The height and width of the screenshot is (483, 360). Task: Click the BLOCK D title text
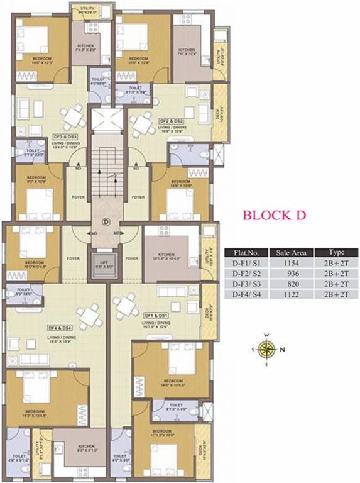(x=275, y=215)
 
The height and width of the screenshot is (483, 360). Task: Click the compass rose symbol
(x=268, y=348)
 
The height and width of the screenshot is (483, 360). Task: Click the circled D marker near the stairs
(x=106, y=221)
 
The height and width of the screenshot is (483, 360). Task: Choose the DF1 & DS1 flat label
(x=158, y=314)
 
